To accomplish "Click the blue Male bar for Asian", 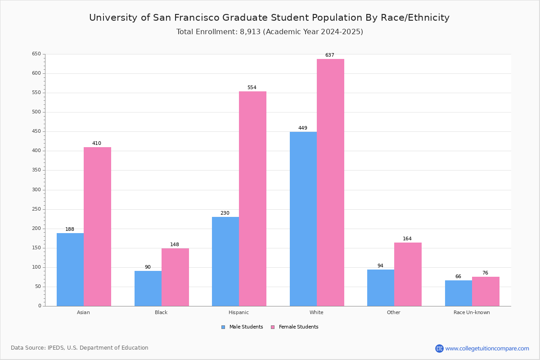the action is point(70,270).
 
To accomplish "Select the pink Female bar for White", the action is point(330,183).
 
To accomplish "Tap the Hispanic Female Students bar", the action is point(252,199).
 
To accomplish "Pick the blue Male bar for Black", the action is point(148,288).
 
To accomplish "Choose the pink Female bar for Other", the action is point(408,274).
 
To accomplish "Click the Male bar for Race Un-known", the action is point(459,293).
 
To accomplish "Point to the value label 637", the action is point(330,55).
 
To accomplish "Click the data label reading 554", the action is point(252,87).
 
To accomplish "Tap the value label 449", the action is point(303,128).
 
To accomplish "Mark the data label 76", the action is point(485,273).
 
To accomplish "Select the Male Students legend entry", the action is point(242,327).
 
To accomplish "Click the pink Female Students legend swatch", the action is point(273,327).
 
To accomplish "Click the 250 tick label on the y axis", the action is point(36,209).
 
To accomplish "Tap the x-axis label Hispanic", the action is point(238,312).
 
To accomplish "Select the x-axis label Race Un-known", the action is point(472,312).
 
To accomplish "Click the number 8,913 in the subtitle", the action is point(250,31).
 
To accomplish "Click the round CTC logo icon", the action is point(439,348).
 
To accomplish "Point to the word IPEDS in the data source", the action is point(56,348).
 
